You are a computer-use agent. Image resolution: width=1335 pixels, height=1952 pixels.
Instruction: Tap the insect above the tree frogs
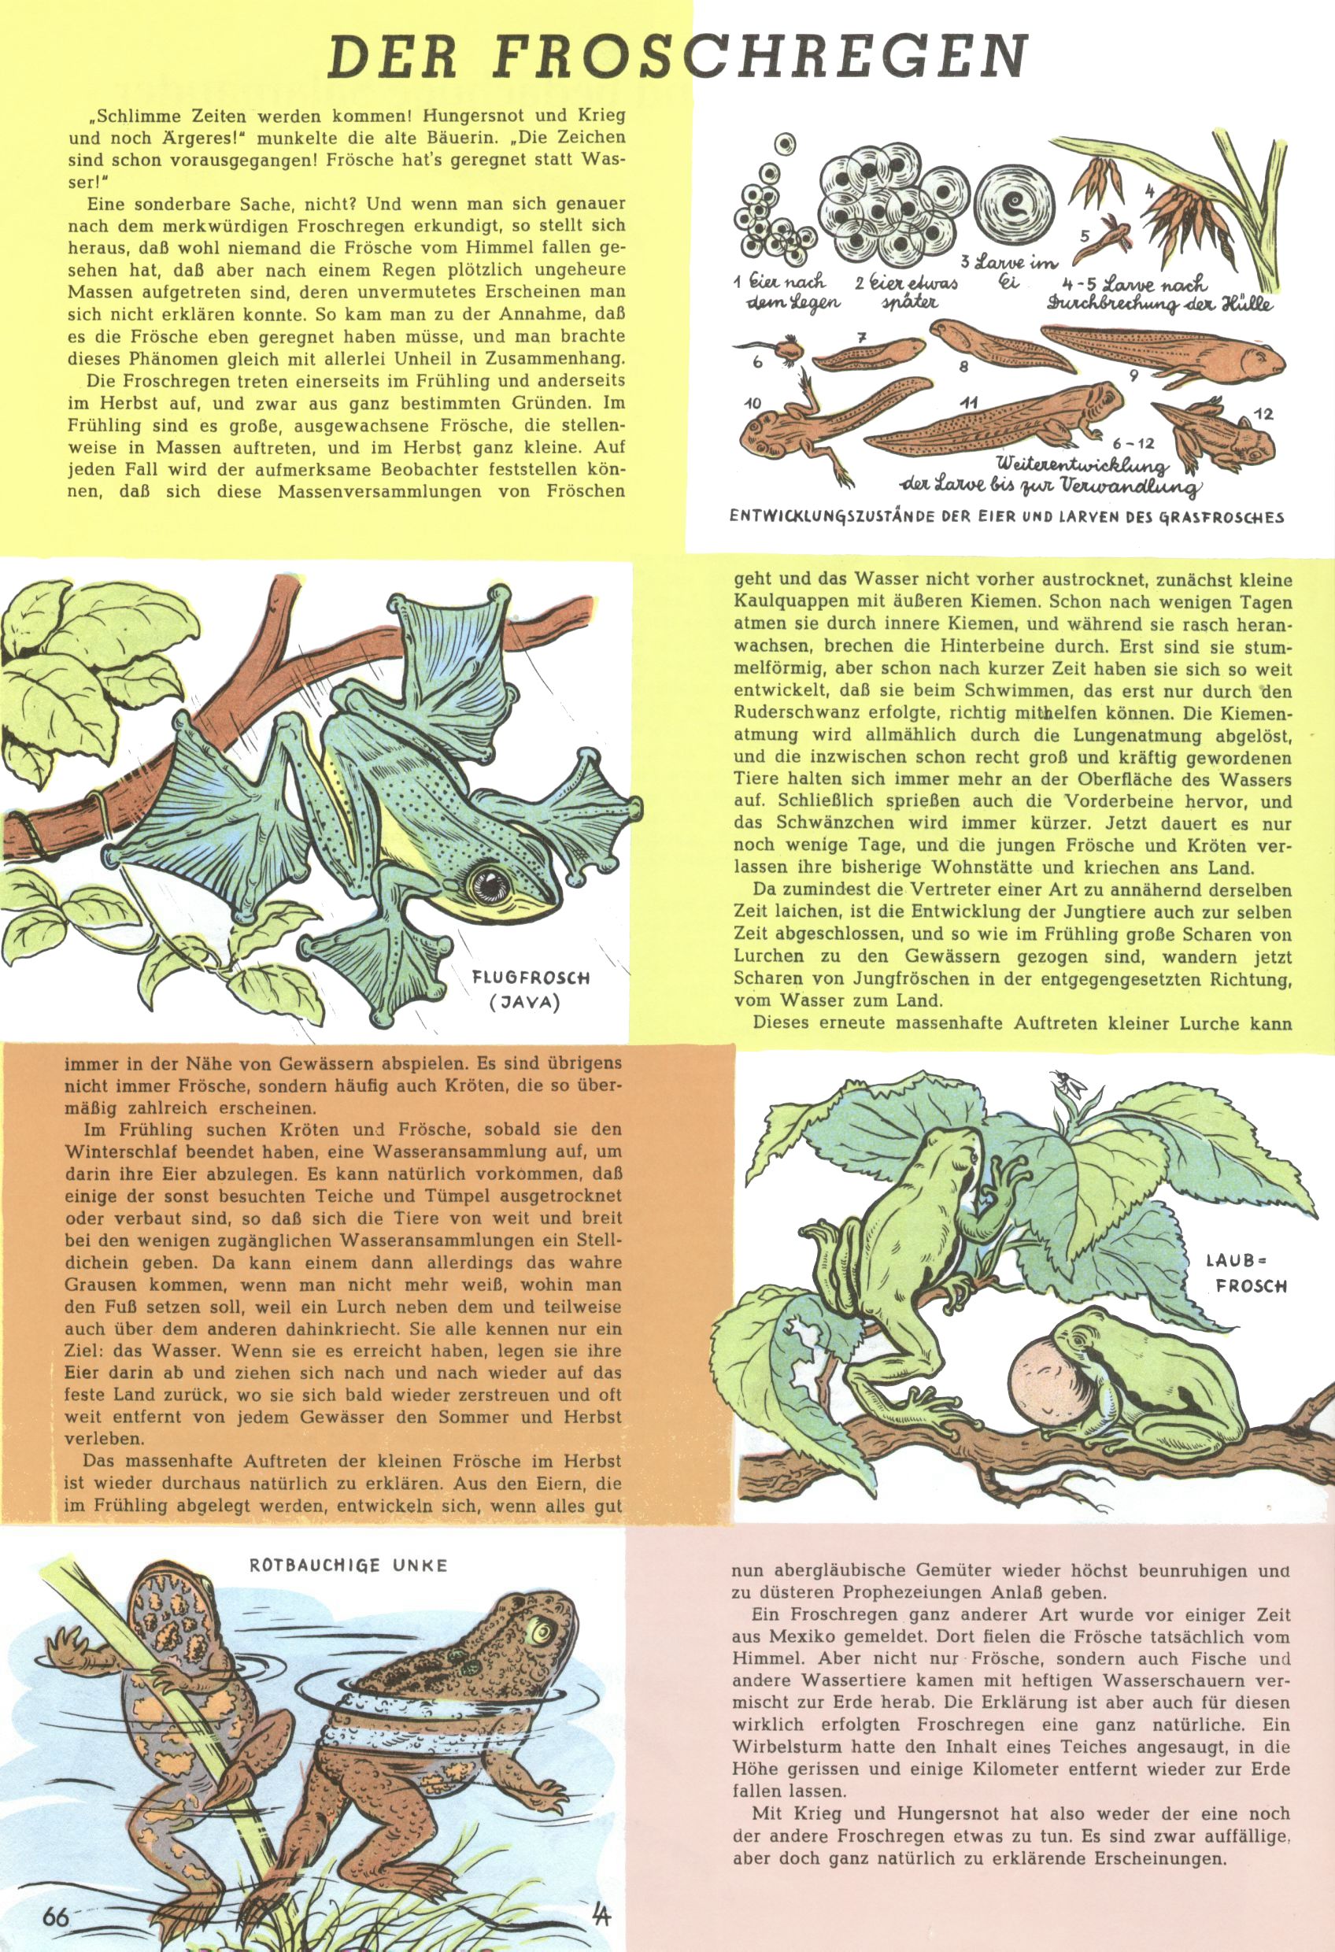click(1064, 1085)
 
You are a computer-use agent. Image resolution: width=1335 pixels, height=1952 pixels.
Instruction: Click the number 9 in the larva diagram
click(1133, 375)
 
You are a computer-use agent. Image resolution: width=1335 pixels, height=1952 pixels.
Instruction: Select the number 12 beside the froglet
click(1262, 413)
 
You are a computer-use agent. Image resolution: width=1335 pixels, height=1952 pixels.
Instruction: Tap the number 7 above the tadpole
click(861, 338)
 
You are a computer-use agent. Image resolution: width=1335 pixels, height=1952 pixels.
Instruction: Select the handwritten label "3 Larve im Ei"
click(1008, 272)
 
